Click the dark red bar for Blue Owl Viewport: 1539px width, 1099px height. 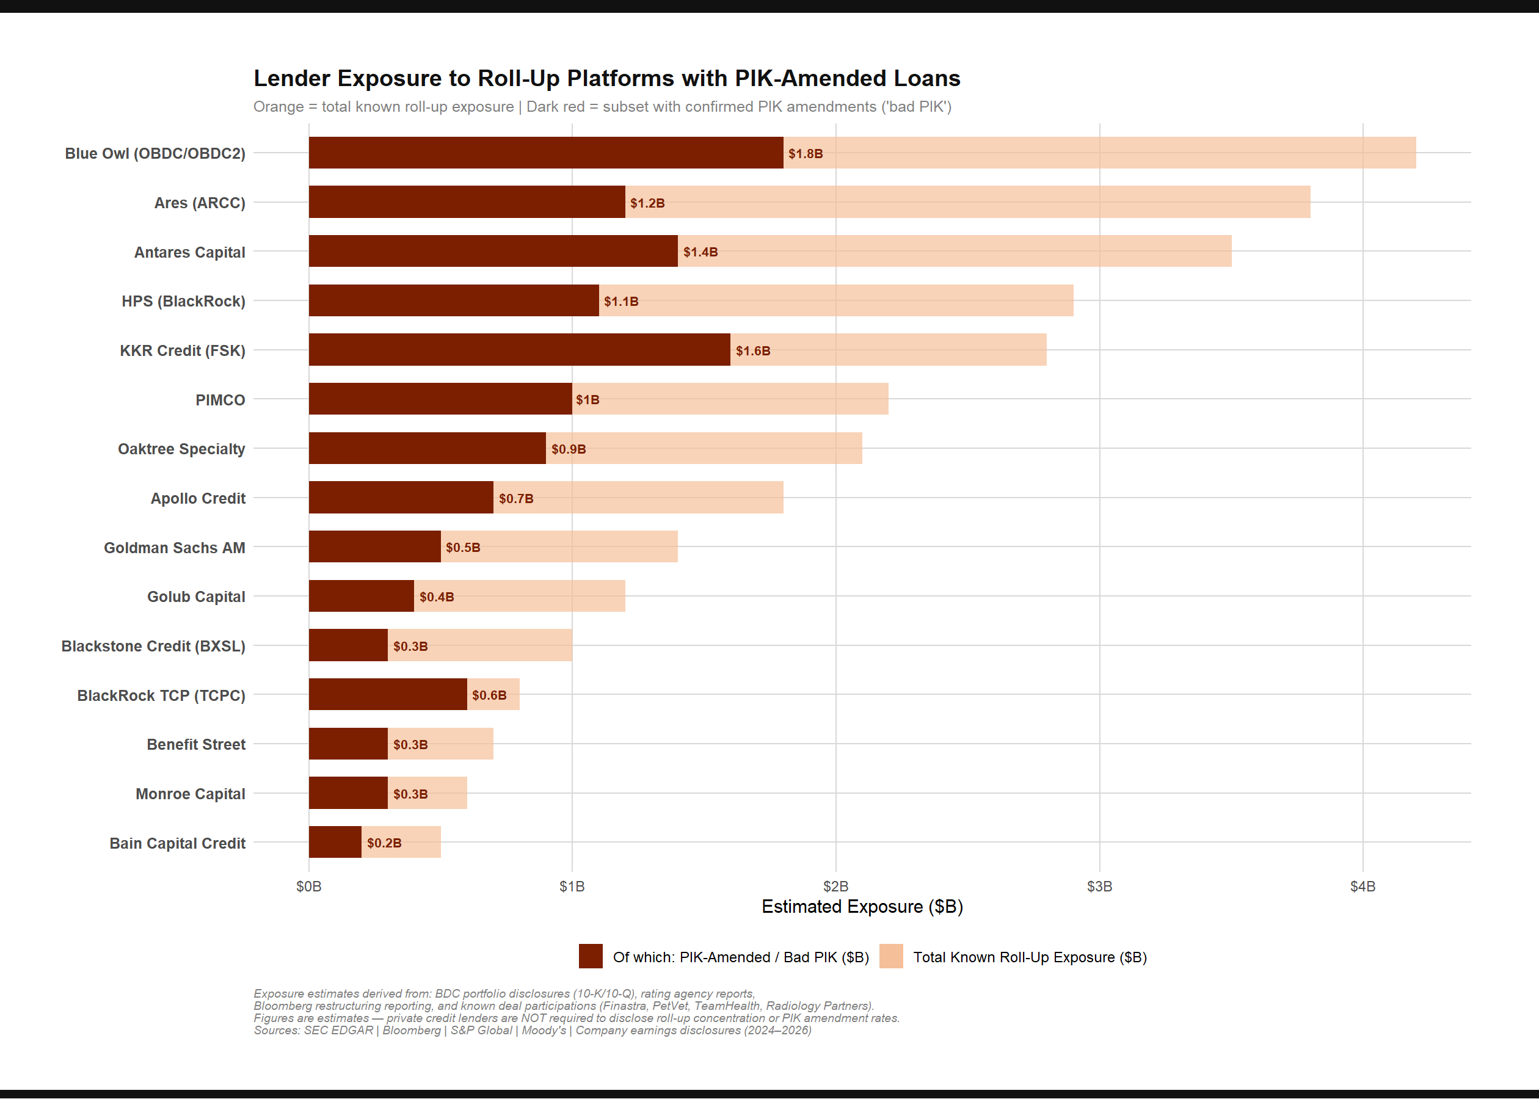[x=545, y=153]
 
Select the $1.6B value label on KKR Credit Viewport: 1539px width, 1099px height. [x=752, y=350]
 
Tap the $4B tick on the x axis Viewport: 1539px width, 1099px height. [x=1362, y=886]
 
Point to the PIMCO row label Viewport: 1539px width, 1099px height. [x=220, y=400]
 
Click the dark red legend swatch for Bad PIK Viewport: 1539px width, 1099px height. [x=590, y=956]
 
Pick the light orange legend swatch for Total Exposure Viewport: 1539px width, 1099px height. [x=890, y=956]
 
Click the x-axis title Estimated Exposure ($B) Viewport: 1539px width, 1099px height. [x=862, y=906]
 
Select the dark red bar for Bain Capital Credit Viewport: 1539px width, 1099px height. [x=335, y=843]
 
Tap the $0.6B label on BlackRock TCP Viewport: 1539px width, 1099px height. [x=489, y=695]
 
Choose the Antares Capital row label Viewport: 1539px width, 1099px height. [x=189, y=252]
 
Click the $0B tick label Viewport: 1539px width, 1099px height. [x=308, y=886]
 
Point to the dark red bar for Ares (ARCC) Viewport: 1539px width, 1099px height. [x=467, y=202]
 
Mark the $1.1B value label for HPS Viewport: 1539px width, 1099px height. [x=620, y=301]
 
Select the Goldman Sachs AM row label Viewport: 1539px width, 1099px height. [x=174, y=548]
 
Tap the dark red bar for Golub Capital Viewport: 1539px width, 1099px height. [x=362, y=596]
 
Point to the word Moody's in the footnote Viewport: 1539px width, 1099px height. [x=544, y=1030]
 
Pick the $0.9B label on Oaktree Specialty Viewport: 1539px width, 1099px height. [x=569, y=449]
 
